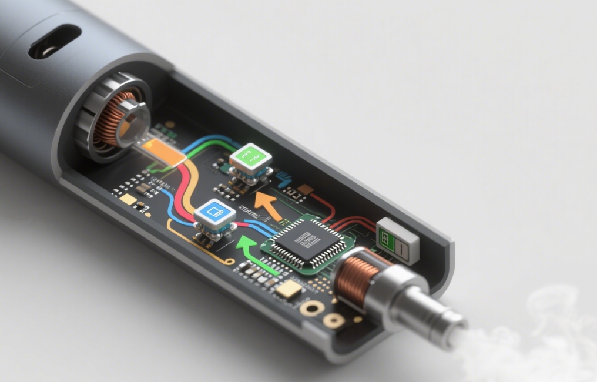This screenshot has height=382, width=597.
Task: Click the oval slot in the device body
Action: pos(54,41)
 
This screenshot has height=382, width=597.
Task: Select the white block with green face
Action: pos(397,239)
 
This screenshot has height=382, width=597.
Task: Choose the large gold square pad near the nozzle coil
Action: pos(289,288)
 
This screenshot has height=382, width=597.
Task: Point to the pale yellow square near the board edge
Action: pos(128,199)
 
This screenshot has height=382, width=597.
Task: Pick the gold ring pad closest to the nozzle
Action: pos(333,320)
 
